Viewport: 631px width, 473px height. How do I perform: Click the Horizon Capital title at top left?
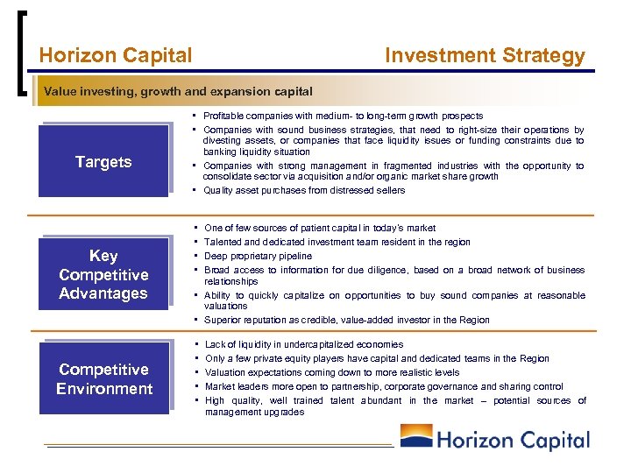pyautogui.click(x=116, y=56)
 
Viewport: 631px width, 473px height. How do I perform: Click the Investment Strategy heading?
pyautogui.click(x=485, y=56)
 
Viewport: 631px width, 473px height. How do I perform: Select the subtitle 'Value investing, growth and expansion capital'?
pyautogui.click(x=178, y=91)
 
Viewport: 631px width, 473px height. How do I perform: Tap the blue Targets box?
pyautogui.click(x=103, y=161)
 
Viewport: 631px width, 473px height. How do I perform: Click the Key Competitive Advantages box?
pyautogui.click(x=103, y=274)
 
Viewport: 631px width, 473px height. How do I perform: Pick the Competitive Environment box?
pyautogui.click(x=104, y=379)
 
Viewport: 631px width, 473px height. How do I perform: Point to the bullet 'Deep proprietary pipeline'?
pyautogui.click(x=258, y=256)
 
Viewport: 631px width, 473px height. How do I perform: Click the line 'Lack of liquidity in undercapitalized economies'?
pyautogui.click(x=303, y=345)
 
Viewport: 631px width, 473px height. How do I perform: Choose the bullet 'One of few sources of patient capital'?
pyautogui.click(x=319, y=228)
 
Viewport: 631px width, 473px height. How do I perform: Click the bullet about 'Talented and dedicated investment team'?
pyautogui.click(x=337, y=242)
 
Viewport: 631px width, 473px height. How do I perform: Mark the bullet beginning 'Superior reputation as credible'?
pyautogui.click(x=346, y=320)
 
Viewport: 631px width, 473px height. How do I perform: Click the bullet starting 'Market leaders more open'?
pyautogui.click(x=383, y=386)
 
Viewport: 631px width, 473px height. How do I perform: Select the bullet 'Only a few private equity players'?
pyautogui.click(x=377, y=358)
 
